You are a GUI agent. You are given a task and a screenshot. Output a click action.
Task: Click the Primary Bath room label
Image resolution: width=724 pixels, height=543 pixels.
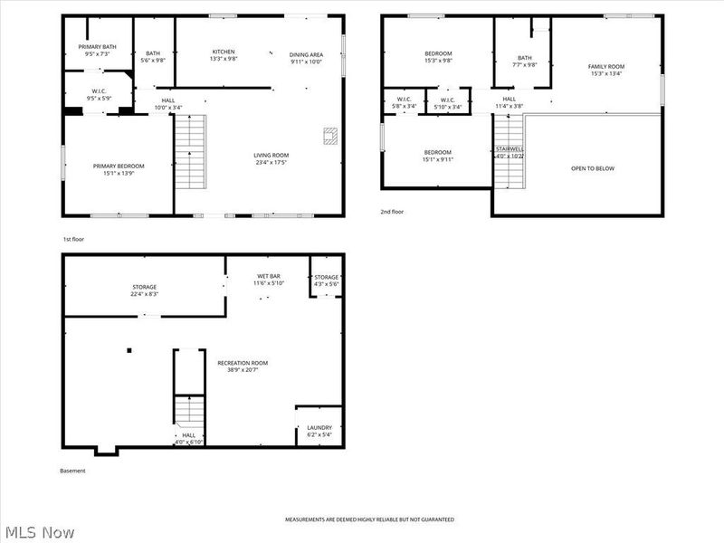point(97,46)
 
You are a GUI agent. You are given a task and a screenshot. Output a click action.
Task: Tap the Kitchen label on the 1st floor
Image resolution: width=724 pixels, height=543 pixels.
point(224,52)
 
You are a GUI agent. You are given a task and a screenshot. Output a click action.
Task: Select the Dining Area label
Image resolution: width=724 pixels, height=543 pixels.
point(307,54)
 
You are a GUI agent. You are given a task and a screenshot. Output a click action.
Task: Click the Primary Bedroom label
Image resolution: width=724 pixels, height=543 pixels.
point(119,166)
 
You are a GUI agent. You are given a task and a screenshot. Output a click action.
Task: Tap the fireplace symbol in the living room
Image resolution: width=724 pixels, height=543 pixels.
point(330,136)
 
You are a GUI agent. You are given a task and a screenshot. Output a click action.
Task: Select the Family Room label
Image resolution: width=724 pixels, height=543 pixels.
point(606,66)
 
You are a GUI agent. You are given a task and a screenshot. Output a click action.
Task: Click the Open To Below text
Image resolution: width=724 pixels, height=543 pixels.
point(593,168)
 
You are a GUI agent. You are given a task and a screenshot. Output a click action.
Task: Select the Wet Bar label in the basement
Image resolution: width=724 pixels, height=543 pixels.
point(268,277)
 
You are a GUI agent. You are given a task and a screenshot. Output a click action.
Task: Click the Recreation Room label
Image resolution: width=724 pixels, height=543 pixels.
point(243,363)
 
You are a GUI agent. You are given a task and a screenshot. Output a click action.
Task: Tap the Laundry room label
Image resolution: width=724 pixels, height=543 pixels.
point(319,427)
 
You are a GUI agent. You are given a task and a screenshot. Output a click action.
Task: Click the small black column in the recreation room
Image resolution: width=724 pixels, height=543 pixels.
point(130,350)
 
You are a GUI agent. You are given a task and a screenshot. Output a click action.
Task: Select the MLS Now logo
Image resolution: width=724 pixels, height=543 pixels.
point(38,532)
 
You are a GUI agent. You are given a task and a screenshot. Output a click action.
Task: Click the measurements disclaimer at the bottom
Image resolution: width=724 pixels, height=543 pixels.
point(369,519)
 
